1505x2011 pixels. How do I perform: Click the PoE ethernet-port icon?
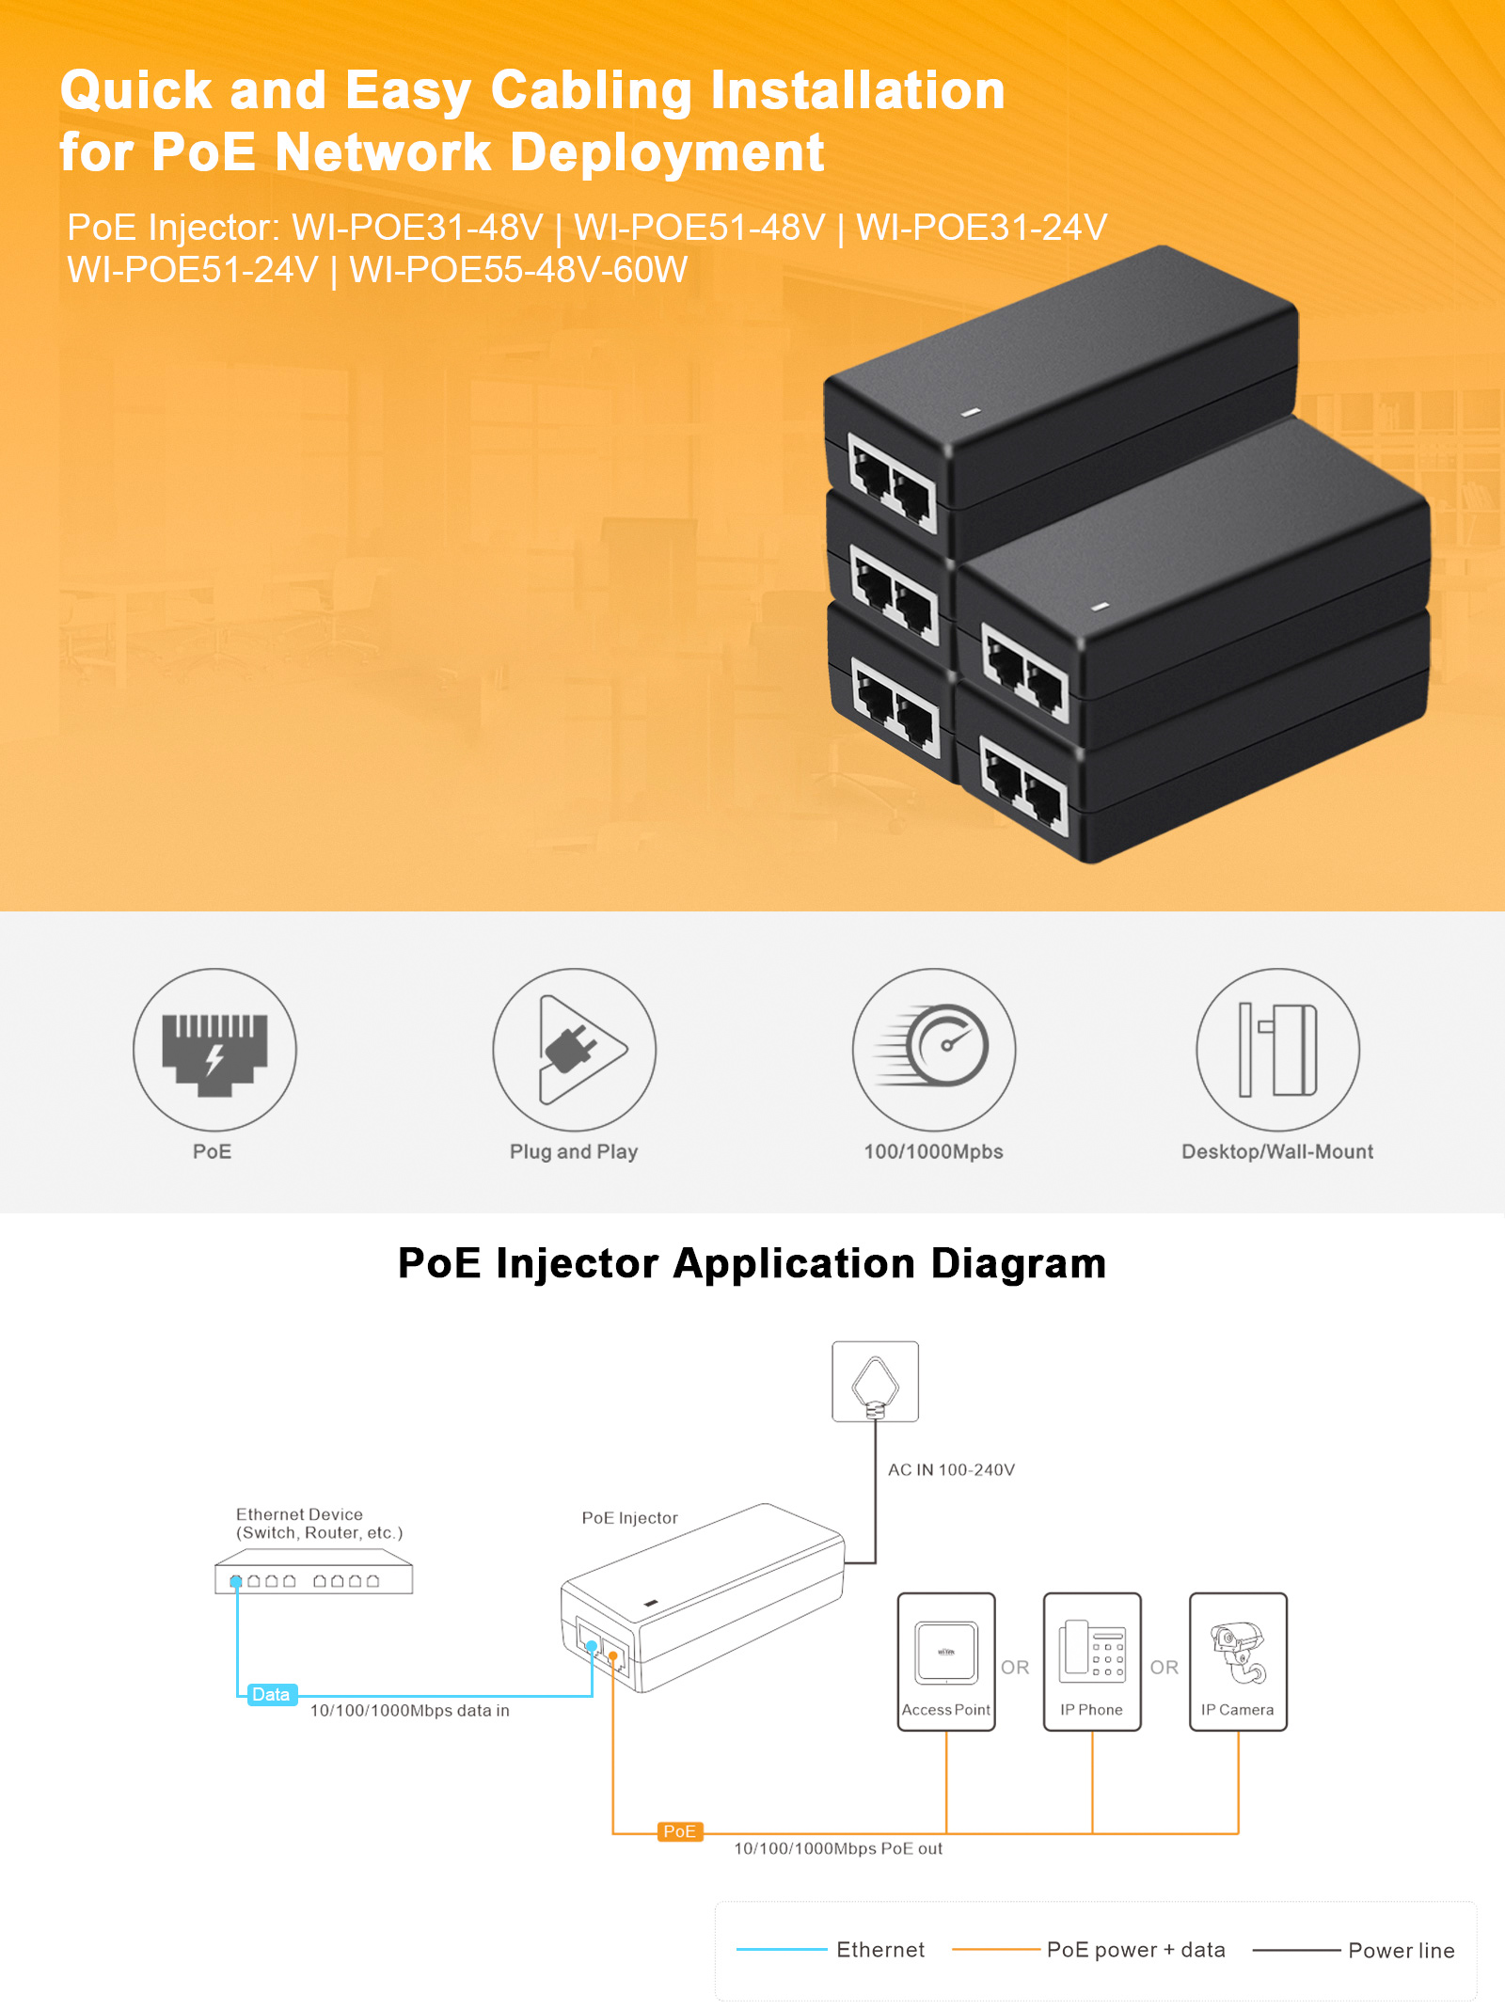click(214, 1050)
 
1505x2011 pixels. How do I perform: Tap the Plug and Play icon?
click(574, 1050)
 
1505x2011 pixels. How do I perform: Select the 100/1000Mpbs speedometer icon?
click(934, 1050)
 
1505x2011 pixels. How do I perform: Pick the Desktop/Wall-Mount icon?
click(1277, 1050)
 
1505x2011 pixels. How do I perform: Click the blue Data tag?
click(271, 1695)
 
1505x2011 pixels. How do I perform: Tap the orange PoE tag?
click(679, 1831)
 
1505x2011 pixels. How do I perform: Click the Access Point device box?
click(946, 1661)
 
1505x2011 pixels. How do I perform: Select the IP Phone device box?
click(1092, 1661)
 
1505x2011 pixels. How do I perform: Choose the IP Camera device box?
click(1238, 1661)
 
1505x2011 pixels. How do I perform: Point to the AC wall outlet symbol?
click(875, 1381)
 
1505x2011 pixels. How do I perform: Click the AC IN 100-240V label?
click(951, 1470)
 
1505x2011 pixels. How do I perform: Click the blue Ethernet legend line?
click(781, 1950)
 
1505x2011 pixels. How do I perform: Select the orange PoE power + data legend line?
click(995, 1950)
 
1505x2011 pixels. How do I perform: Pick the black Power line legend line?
click(1296, 1950)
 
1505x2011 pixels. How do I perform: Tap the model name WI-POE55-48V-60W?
click(518, 270)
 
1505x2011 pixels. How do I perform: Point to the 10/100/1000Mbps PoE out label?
click(837, 1849)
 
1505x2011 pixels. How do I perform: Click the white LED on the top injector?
click(973, 412)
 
